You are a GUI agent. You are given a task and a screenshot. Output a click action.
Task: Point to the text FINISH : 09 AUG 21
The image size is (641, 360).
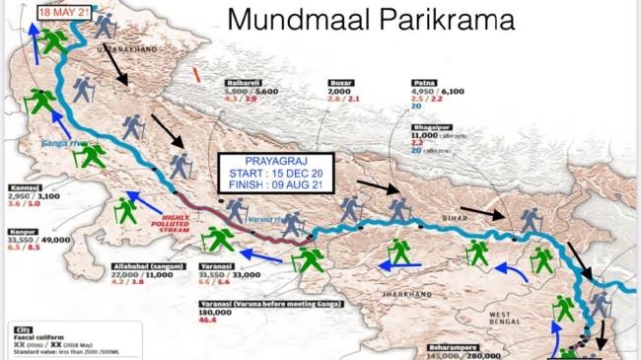click(x=276, y=187)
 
